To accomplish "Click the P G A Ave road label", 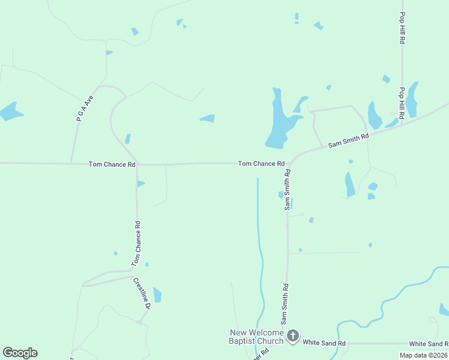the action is click(86, 109).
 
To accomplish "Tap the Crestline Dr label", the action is click(141, 293).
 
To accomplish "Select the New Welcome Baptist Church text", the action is click(256, 337).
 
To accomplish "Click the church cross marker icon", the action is click(292, 336).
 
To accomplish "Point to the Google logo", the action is click(20, 352).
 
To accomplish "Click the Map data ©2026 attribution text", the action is click(424, 355).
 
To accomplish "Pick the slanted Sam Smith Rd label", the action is click(348, 140).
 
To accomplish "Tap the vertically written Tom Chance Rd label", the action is click(136, 244).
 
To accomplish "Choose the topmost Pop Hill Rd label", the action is click(403, 28).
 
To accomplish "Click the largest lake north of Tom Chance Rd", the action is click(279, 123).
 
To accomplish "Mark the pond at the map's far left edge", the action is click(10, 111).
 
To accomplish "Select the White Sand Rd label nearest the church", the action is click(324, 343).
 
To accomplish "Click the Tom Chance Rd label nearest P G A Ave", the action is click(112, 164).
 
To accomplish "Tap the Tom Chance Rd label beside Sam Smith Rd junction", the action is click(261, 163).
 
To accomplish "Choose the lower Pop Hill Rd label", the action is click(402, 102).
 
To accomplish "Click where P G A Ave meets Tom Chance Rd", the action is click(71, 163).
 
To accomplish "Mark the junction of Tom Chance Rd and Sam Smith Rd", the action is click(289, 164).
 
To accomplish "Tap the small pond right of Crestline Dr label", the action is click(157, 295).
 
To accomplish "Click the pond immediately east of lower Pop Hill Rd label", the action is click(412, 100).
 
